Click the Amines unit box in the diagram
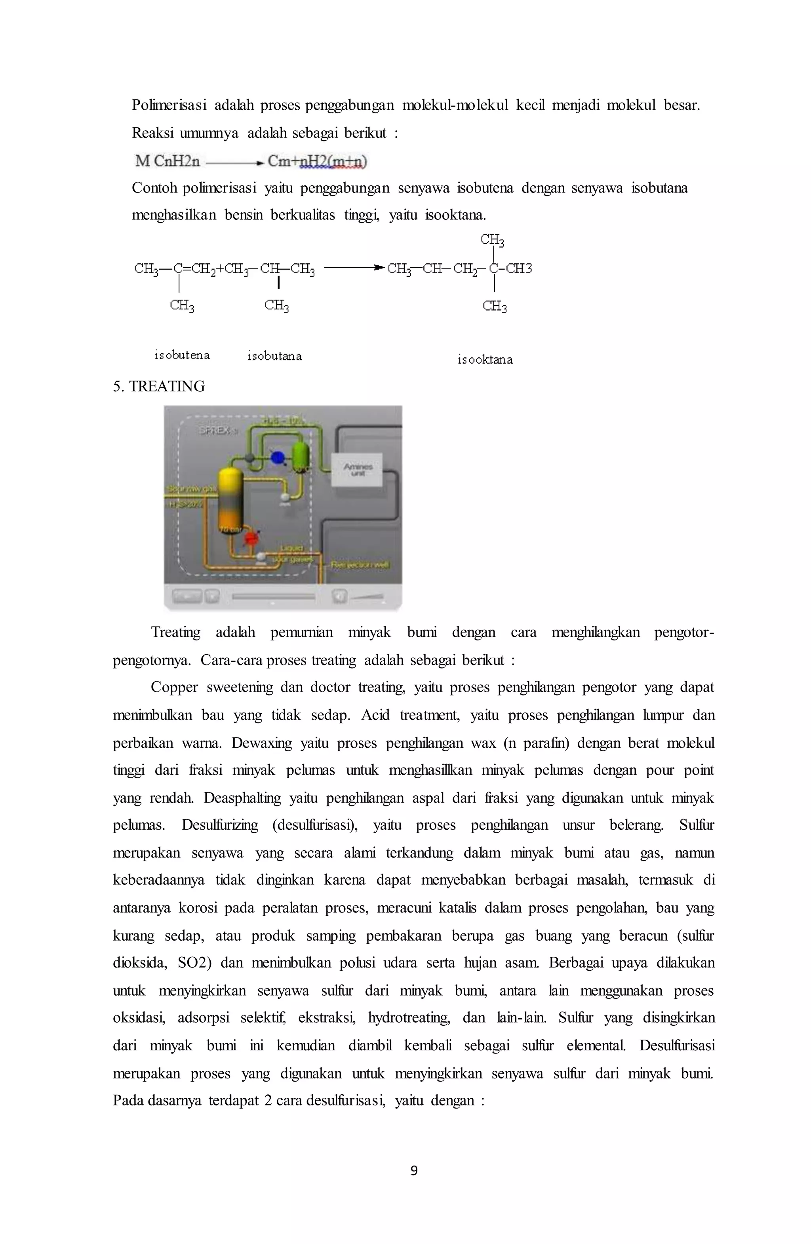click(x=358, y=469)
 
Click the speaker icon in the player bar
click(x=339, y=596)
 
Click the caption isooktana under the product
click(x=485, y=360)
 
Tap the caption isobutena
click(x=182, y=355)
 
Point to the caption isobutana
click(x=274, y=356)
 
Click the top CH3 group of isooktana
click(x=492, y=240)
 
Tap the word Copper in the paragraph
click(x=174, y=687)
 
